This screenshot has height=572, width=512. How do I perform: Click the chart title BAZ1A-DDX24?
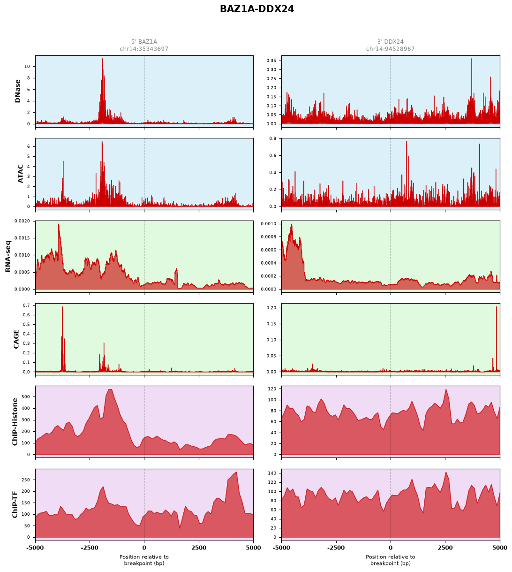[x=257, y=9]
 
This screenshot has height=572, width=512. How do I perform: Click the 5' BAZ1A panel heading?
[x=144, y=42]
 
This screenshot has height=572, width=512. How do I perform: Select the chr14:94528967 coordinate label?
[x=390, y=49]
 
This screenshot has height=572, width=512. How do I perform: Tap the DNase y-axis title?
[x=18, y=91]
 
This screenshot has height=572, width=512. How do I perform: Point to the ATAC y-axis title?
[x=20, y=174]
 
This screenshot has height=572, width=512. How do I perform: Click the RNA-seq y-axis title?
[x=8, y=256]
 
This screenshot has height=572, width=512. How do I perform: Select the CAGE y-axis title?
[x=16, y=339]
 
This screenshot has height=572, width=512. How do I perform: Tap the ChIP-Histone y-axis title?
[x=15, y=422]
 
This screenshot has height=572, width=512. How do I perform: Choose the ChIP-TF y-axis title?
[x=15, y=505]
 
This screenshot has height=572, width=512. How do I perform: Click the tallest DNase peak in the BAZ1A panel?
[x=102, y=59]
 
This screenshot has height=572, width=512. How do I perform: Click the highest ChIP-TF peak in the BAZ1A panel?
[x=236, y=472]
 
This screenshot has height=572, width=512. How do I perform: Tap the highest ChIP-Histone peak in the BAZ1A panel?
[x=110, y=389]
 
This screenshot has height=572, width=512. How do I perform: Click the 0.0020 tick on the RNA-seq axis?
[x=22, y=221]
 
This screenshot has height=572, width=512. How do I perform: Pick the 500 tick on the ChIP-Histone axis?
[x=26, y=397]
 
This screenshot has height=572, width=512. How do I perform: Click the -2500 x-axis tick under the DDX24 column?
[x=336, y=548]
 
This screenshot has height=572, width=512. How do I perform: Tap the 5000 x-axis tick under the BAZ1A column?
[x=253, y=548]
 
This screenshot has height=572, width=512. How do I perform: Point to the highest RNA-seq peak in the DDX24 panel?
[x=292, y=224]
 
